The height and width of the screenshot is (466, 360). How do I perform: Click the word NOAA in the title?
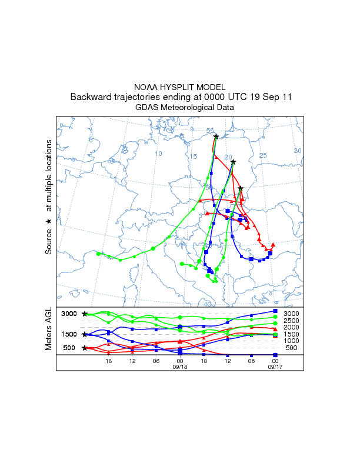pyautogui.click(x=148, y=86)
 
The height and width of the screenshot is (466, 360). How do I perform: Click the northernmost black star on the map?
pyautogui.click(x=216, y=137)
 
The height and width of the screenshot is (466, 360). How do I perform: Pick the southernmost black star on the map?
pyautogui.click(x=241, y=188)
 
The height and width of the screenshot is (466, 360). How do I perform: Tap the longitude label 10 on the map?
pyautogui.click(x=158, y=154)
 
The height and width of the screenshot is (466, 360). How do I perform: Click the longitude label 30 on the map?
pyautogui.click(x=297, y=151)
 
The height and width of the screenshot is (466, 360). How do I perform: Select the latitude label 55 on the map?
pyautogui.click(x=210, y=131)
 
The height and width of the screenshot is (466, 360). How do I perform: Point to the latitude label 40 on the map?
pyautogui.click(x=207, y=304)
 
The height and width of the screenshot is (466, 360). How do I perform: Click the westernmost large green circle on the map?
pyautogui.click(x=98, y=254)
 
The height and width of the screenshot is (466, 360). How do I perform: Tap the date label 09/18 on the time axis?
pyautogui.click(x=179, y=366)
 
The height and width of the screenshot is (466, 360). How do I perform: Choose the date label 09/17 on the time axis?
pyautogui.click(x=275, y=366)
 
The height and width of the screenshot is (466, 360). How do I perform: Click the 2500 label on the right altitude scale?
pyautogui.click(x=291, y=321)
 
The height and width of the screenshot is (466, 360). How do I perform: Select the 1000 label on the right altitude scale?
pyautogui.click(x=291, y=341)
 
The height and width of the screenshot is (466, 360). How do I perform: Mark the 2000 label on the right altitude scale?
pyautogui.click(x=291, y=327)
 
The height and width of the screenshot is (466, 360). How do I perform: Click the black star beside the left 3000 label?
pyautogui.click(x=85, y=314)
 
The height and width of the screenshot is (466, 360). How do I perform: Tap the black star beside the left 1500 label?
pyautogui.click(x=85, y=334)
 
